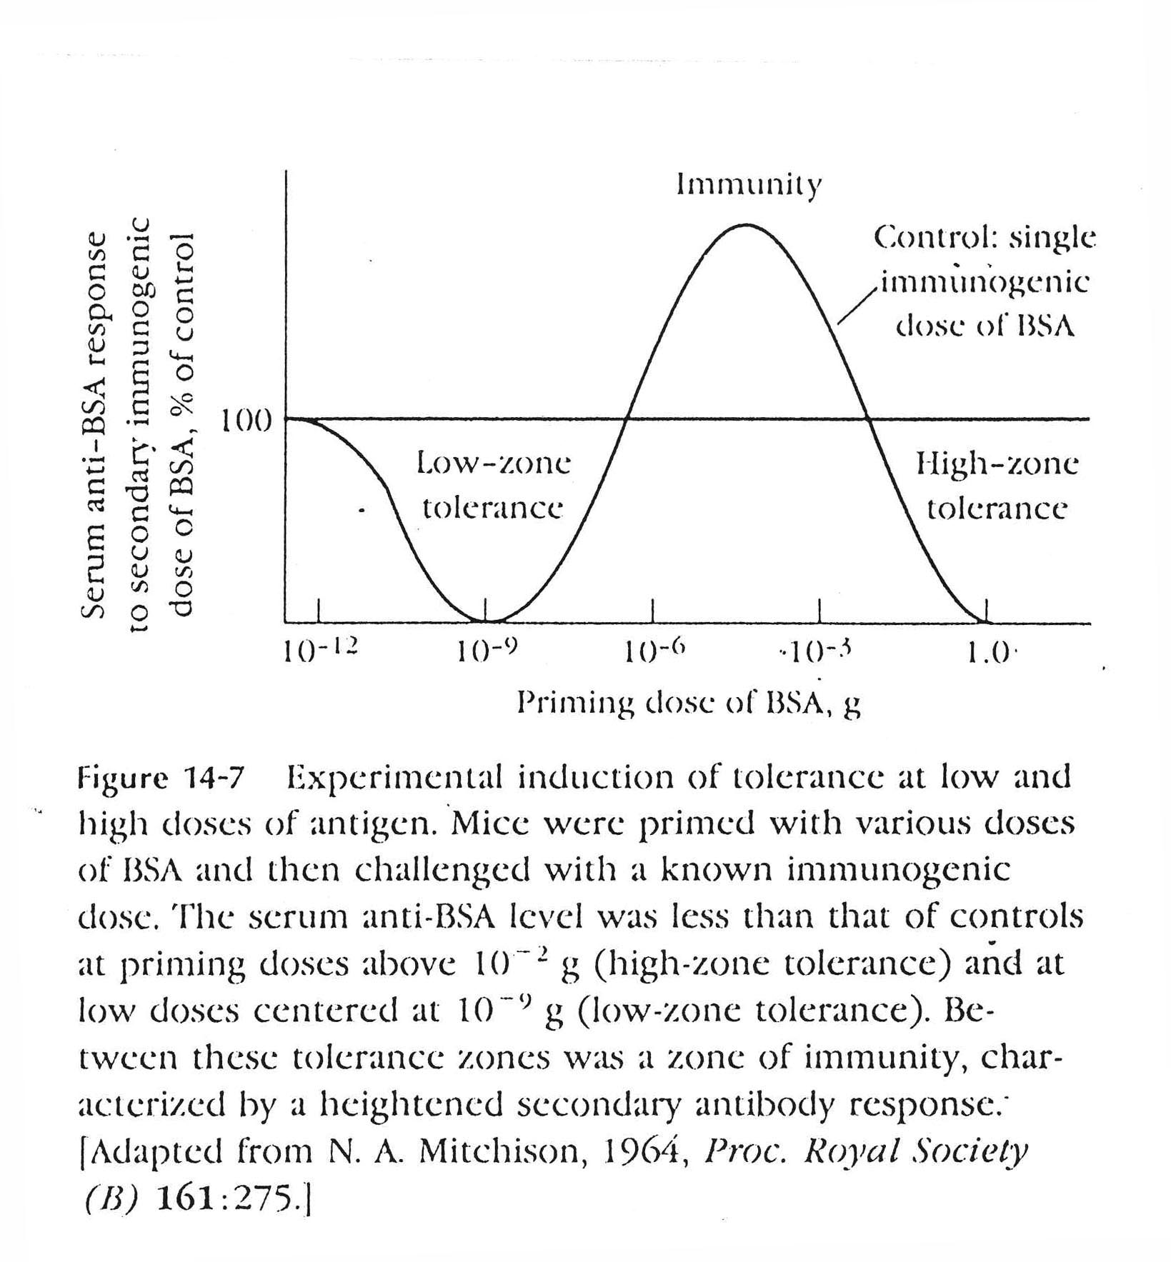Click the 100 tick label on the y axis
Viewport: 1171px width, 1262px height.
click(x=245, y=422)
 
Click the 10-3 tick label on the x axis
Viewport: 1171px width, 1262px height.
click(x=820, y=651)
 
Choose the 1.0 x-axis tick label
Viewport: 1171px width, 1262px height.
click(x=988, y=653)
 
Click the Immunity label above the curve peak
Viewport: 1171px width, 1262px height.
click(x=749, y=186)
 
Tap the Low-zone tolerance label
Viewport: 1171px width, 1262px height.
click(x=494, y=486)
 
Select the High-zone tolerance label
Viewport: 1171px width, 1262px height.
click(x=997, y=486)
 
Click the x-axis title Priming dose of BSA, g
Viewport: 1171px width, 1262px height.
click(x=689, y=704)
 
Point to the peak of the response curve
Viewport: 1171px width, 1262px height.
click(x=746, y=225)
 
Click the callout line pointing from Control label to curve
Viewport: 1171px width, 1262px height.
click(x=857, y=304)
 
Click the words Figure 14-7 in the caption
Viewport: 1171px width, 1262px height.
click(x=161, y=776)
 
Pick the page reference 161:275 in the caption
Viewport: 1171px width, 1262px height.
click(x=224, y=1199)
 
